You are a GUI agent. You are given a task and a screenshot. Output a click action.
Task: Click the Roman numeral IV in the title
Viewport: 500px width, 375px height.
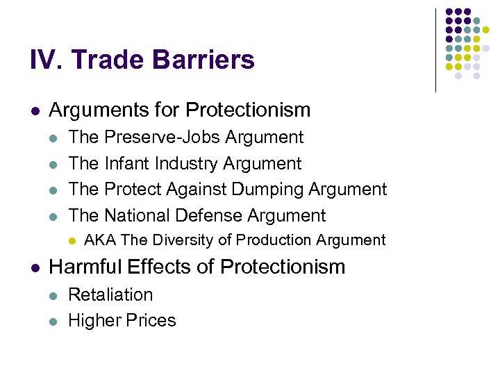coord(46,60)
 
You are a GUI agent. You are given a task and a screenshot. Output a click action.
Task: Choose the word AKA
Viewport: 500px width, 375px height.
coord(99,240)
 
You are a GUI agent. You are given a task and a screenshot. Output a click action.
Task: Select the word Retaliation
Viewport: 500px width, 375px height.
coord(110,294)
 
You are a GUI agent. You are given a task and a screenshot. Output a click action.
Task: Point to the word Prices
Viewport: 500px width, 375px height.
coord(151,321)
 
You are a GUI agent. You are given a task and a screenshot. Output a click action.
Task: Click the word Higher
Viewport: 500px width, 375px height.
coord(93,321)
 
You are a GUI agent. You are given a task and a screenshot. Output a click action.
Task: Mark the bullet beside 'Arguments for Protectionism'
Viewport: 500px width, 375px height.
coord(35,110)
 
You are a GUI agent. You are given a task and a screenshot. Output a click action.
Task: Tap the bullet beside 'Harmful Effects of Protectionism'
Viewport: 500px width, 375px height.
coord(35,267)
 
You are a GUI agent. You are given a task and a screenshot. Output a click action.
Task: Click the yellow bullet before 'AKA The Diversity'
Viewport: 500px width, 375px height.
coord(72,241)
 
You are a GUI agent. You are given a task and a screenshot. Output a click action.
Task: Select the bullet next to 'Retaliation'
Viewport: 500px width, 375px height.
coord(54,295)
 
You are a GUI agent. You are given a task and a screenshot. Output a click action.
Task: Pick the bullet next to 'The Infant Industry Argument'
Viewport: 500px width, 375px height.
coord(54,165)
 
